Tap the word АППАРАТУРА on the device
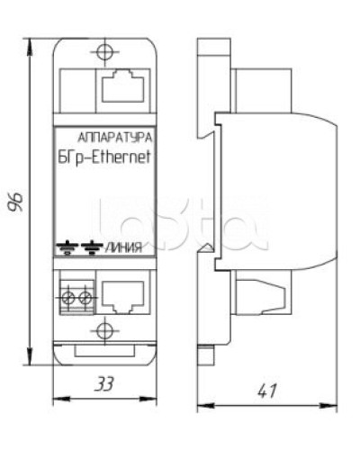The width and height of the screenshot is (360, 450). point(115,139)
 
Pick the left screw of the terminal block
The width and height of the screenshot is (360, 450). point(67,295)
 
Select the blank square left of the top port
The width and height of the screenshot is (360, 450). point(76,86)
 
